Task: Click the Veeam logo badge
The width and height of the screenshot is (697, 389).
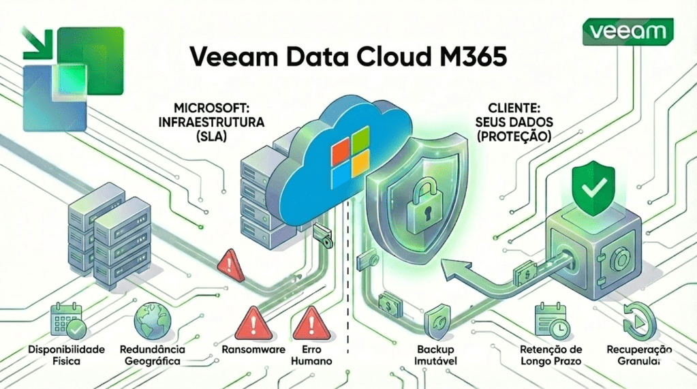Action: [x=628, y=31]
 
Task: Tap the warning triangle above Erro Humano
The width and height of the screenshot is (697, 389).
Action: [x=311, y=321]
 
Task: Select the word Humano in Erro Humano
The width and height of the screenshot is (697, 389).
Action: [x=311, y=360]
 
